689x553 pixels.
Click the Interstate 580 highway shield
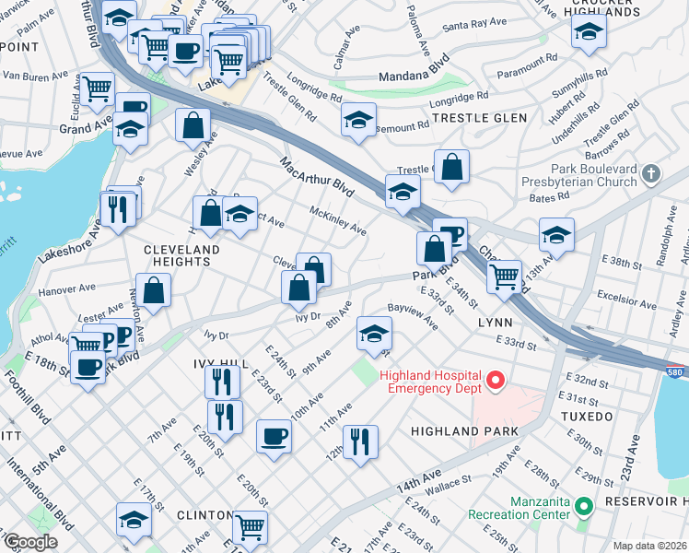coord(675,370)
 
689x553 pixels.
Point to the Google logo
coord(30,542)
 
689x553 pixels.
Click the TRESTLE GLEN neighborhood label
coord(479,118)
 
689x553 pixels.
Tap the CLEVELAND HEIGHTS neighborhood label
coord(181,255)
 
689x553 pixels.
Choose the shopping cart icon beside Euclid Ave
coord(96,89)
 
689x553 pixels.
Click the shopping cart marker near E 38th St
coord(504,276)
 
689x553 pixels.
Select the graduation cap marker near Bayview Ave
coord(374,334)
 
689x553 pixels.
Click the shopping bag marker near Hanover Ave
coord(154,289)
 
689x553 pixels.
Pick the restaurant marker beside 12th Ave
coord(360,441)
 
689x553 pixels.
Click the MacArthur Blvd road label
coord(317,175)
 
